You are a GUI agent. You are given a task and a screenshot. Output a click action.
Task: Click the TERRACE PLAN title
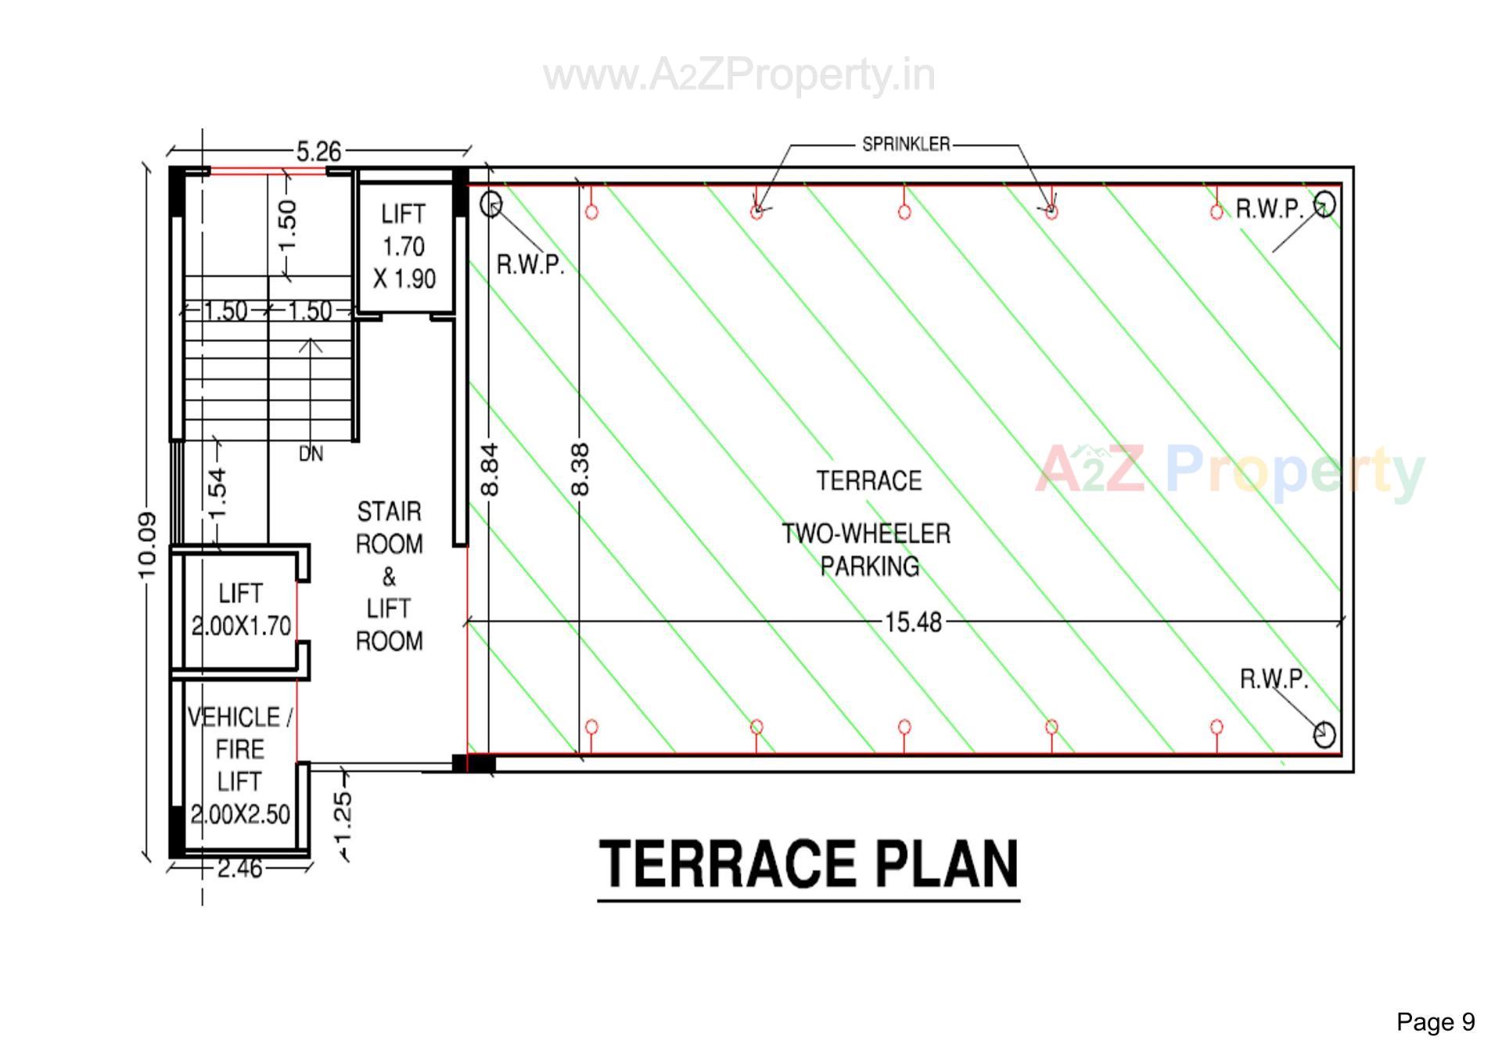tap(808, 865)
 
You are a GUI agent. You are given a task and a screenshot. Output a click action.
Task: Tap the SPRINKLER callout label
tap(906, 145)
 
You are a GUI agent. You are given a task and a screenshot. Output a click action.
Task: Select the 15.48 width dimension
tap(913, 622)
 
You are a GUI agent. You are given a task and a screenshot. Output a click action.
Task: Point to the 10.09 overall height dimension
tap(147, 545)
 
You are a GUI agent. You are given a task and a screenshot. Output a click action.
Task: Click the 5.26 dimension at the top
tap(318, 151)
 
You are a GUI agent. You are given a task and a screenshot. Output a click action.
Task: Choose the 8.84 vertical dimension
tap(489, 469)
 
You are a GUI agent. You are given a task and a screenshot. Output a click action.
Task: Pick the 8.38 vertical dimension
tap(580, 469)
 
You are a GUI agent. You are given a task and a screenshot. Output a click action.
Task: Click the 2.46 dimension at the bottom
tap(239, 868)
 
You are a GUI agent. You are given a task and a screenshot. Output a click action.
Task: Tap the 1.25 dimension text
tap(343, 814)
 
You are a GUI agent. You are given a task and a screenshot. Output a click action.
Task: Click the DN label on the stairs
tap(311, 454)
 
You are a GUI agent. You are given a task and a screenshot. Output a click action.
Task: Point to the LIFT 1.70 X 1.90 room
tap(404, 247)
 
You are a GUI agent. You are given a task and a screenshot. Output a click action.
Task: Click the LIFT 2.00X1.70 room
tap(240, 610)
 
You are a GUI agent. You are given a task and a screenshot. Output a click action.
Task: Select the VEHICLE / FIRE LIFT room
tap(239, 765)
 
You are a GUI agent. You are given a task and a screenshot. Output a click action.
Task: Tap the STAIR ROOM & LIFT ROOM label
tap(389, 576)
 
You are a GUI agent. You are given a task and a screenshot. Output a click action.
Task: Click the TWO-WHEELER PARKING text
tap(867, 550)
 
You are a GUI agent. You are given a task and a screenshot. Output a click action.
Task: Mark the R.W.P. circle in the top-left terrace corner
tap(490, 204)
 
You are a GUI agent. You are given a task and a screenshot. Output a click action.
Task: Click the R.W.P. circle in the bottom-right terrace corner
tap(1324, 734)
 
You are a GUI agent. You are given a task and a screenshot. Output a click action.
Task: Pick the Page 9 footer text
tap(1436, 1022)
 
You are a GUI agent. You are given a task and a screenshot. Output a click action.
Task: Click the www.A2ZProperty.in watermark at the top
tap(739, 75)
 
